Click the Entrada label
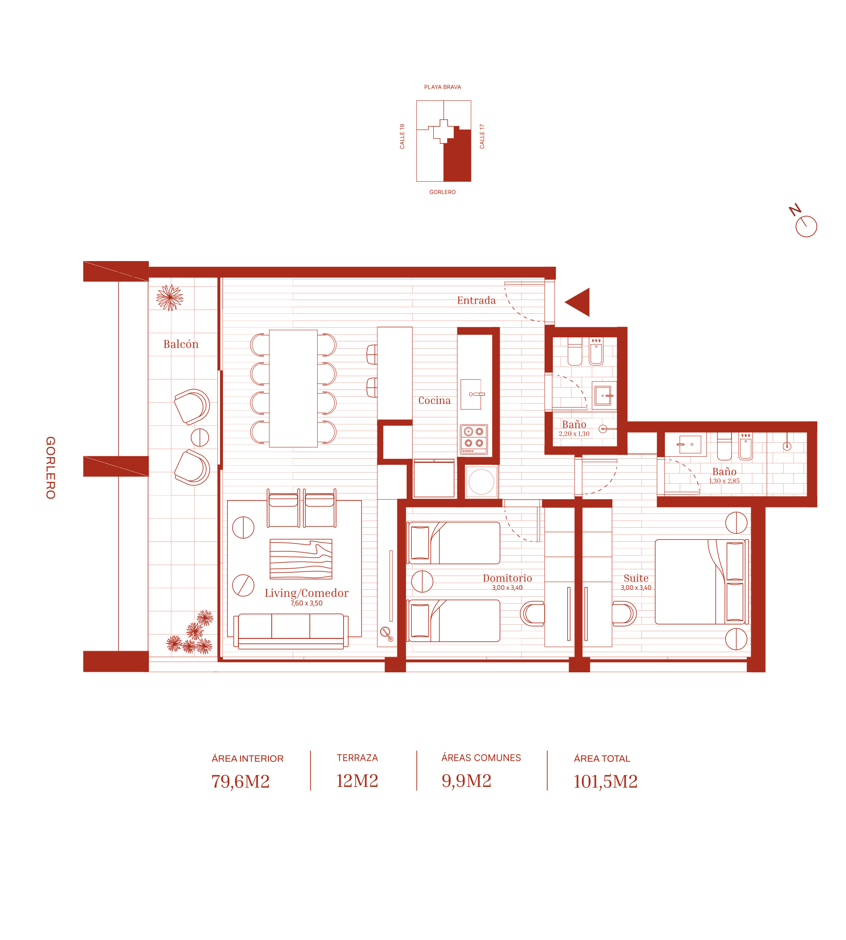click(476, 301)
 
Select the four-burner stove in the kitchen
click(474, 439)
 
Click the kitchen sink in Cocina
click(471, 394)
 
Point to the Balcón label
click(181, 344)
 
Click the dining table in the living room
click(293, 388)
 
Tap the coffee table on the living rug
click(301, 559)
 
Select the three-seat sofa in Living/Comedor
click(291, 631)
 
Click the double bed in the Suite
click(701, 582)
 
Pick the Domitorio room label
click(507, 578)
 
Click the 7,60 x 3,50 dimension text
click(306, 603)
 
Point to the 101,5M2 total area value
click(605, 781)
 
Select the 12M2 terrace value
click(357, 781)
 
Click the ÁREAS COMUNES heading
click(481, 758)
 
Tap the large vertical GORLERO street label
click(50, 467)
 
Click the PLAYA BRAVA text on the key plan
click(442, 87)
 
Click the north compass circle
click(806, 226)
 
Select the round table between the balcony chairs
click(200, 437)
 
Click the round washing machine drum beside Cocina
click(481, 482)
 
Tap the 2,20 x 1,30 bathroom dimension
click(574, 434)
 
